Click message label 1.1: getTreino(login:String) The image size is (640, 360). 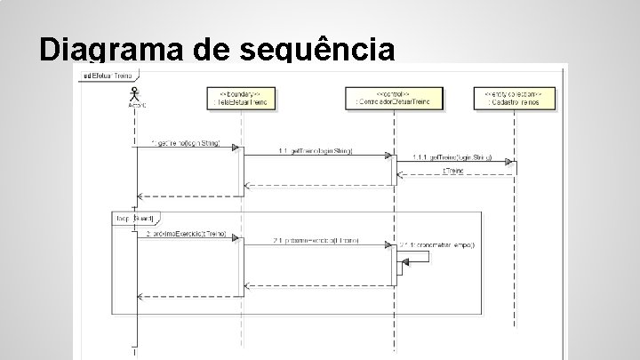pyautogui.click(x=315, y=151)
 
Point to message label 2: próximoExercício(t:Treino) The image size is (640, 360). pyautogui.click(x=185, y=233)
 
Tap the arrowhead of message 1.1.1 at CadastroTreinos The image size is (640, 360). pyautogui.click(x=510, y=162)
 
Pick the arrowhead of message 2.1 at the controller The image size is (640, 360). pyautogui.click(x=388, y=244)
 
